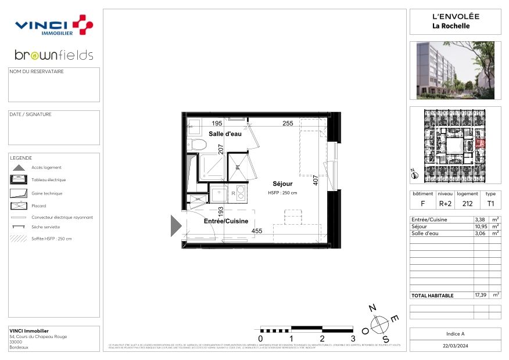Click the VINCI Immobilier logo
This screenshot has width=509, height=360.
53,26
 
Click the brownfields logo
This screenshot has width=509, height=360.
53,55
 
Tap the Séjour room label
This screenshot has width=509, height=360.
282,183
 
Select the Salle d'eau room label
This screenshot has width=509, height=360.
225,134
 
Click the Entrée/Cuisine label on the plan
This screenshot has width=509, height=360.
225,221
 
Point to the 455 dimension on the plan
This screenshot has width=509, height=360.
256,231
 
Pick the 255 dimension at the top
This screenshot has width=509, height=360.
271,123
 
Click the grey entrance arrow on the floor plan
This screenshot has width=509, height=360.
175,224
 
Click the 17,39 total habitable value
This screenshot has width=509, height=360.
480,295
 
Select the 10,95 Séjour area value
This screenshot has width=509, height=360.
480,226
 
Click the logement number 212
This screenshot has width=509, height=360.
467,204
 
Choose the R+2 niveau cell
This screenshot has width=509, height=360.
445,204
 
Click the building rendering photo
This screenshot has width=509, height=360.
455,70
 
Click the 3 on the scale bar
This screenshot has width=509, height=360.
352,339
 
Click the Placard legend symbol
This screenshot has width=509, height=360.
19,206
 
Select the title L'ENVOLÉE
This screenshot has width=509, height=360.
455,17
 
